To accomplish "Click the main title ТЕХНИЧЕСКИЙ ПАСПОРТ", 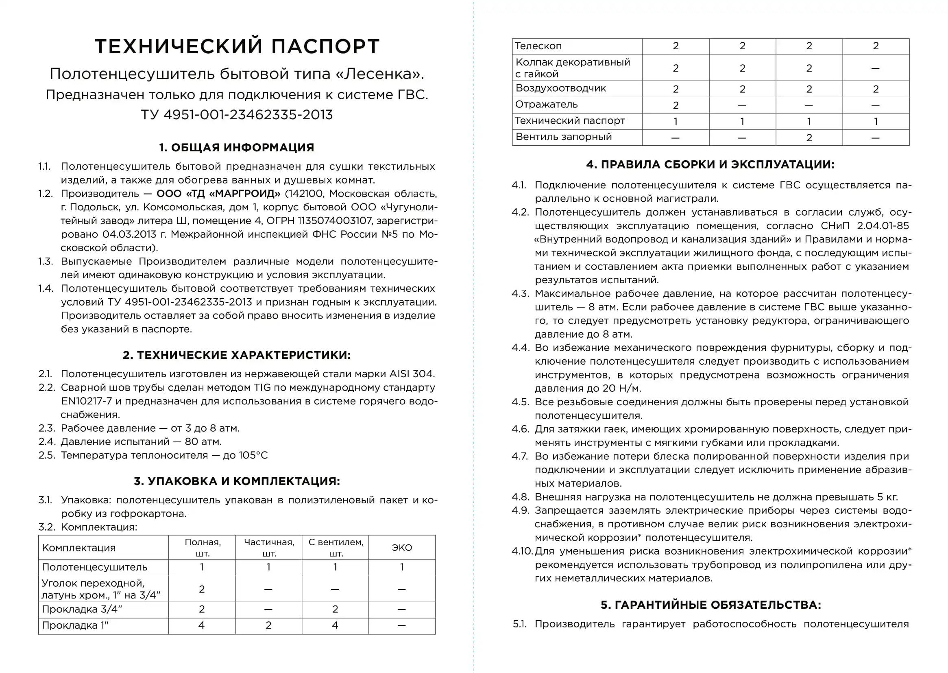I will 237,46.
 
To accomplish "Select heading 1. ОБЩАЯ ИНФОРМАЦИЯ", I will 236,148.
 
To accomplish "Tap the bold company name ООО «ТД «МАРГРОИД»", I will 218,194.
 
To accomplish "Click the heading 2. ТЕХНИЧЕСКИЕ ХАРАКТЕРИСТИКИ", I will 236,355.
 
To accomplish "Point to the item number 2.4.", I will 47,442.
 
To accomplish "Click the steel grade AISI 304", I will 411,374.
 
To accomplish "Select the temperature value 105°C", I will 253,455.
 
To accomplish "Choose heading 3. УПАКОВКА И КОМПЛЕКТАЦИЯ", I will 236,481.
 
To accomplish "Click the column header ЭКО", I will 402,548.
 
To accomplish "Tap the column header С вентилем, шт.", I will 336,548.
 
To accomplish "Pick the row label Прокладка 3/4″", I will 82,610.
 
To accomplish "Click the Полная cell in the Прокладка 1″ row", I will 202,625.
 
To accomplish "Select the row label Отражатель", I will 546,105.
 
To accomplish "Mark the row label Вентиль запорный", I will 563,137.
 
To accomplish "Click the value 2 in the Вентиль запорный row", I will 809,138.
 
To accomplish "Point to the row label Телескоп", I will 538,46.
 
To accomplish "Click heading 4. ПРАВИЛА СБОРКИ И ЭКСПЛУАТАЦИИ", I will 710,164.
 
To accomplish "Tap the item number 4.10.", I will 522,551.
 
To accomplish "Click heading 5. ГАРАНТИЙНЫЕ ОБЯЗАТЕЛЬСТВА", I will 710,605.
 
